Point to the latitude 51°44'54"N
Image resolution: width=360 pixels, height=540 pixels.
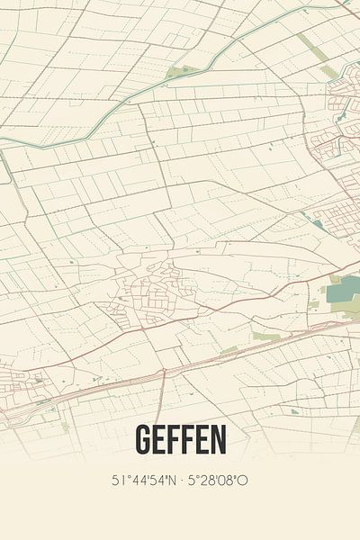point(145,481)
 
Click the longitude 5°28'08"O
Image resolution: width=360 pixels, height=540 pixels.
point(217,481)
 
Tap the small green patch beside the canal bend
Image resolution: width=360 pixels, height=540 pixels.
point(179,71)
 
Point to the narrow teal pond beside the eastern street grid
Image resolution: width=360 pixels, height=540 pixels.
point(317,223)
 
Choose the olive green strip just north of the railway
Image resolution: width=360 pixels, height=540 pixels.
point(265,336)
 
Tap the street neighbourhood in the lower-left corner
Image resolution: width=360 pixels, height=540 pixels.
point(22,378)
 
